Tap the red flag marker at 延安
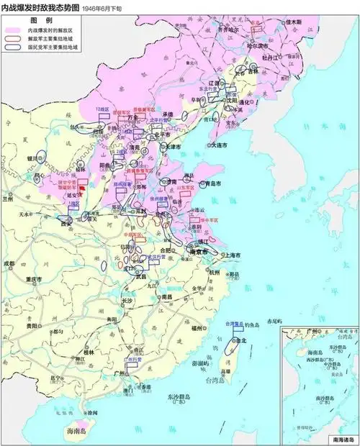pyautogui.click(x=83, y=190)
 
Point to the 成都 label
pyautogui.click(x=9, y=264)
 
